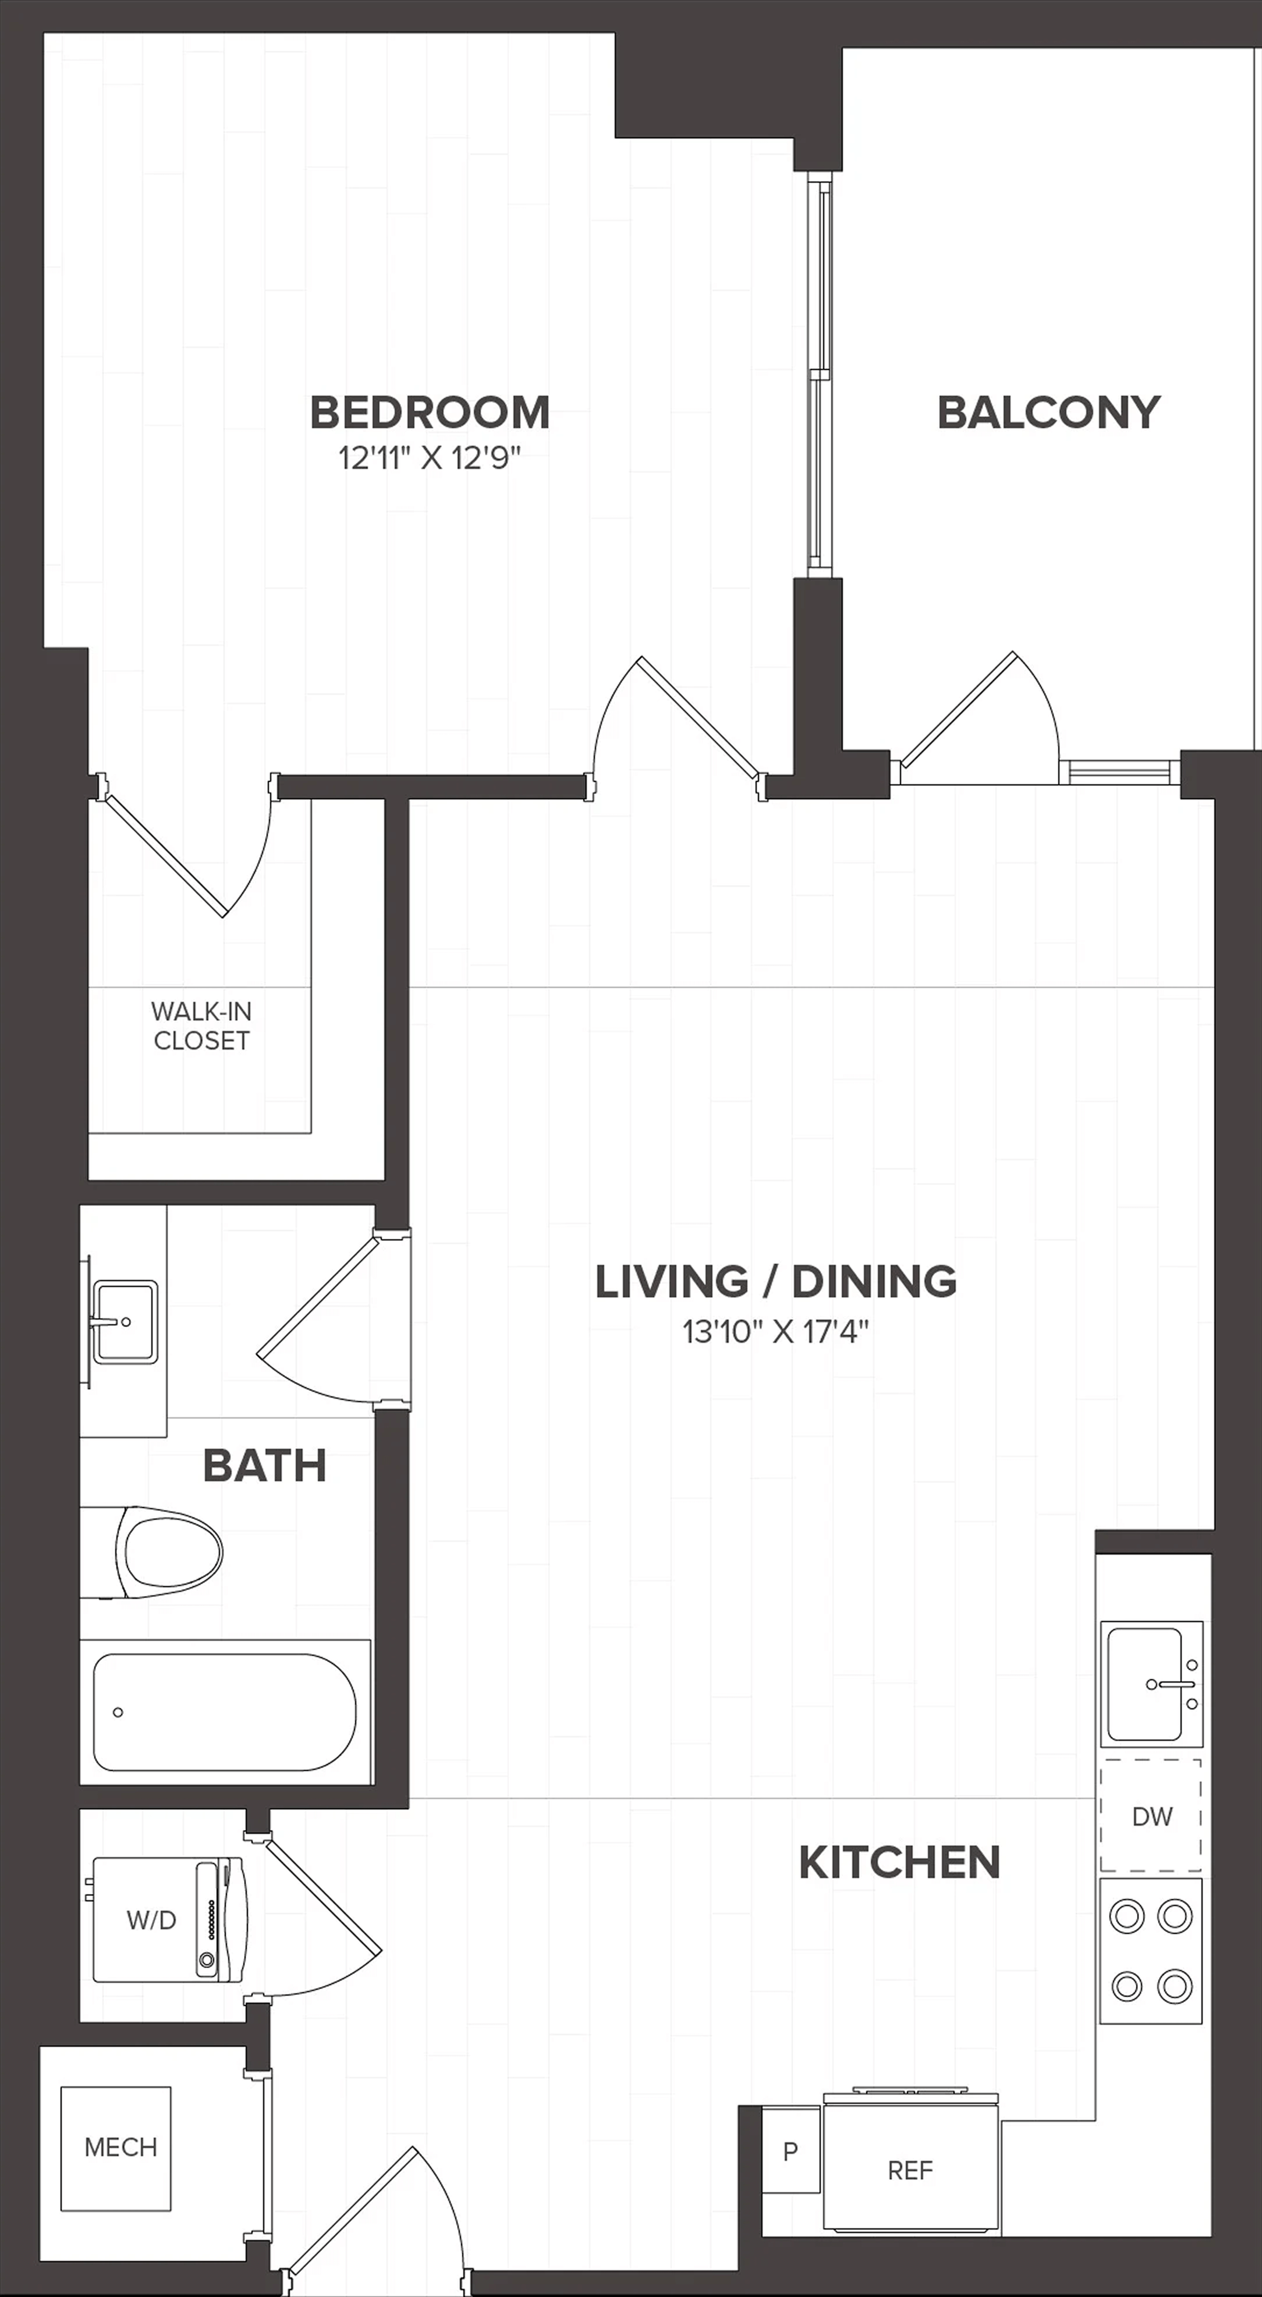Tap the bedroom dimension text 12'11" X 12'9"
point(430,458)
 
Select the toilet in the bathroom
point(151,1552)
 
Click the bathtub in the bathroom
point(225,1712)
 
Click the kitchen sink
point(1151,1684)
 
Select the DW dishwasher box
point(1150,1815)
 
